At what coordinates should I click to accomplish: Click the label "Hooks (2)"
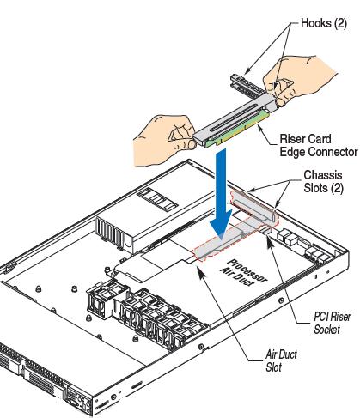(x=324, y=23)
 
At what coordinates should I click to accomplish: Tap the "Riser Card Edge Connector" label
(x=319, y=145)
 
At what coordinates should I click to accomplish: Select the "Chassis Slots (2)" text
(x=323, y=181)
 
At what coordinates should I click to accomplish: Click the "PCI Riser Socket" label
(x=332, y=323)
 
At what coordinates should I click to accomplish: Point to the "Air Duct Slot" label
(x=281, y=360)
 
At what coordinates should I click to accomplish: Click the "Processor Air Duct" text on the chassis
(x=244, y=273)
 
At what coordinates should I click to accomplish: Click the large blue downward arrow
(x=221, y=194)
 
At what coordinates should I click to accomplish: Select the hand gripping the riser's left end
(x=165, y=140)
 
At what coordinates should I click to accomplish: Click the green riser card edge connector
(x=238, y=130)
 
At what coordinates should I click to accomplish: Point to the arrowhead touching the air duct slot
(x=201, y=271)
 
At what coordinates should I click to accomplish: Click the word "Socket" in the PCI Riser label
(x=326, y=330)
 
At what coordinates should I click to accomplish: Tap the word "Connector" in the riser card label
(x=319, y=152)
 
